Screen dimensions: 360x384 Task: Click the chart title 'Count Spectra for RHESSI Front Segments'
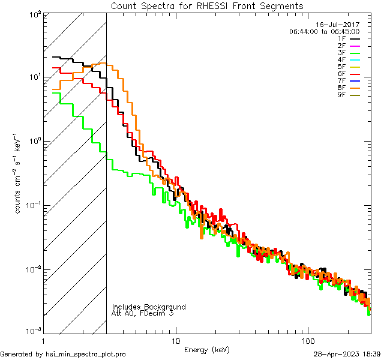207,5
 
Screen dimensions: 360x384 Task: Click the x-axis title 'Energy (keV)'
207,349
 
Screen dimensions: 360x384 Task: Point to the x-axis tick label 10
175,340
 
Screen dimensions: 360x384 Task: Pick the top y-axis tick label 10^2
35,14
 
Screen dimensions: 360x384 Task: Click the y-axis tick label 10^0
35,142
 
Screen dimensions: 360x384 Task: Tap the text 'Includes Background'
149,307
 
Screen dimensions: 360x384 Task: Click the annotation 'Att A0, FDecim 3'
143,313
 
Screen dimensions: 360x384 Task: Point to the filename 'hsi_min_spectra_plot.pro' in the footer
86,354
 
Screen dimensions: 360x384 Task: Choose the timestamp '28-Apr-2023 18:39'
347,354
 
